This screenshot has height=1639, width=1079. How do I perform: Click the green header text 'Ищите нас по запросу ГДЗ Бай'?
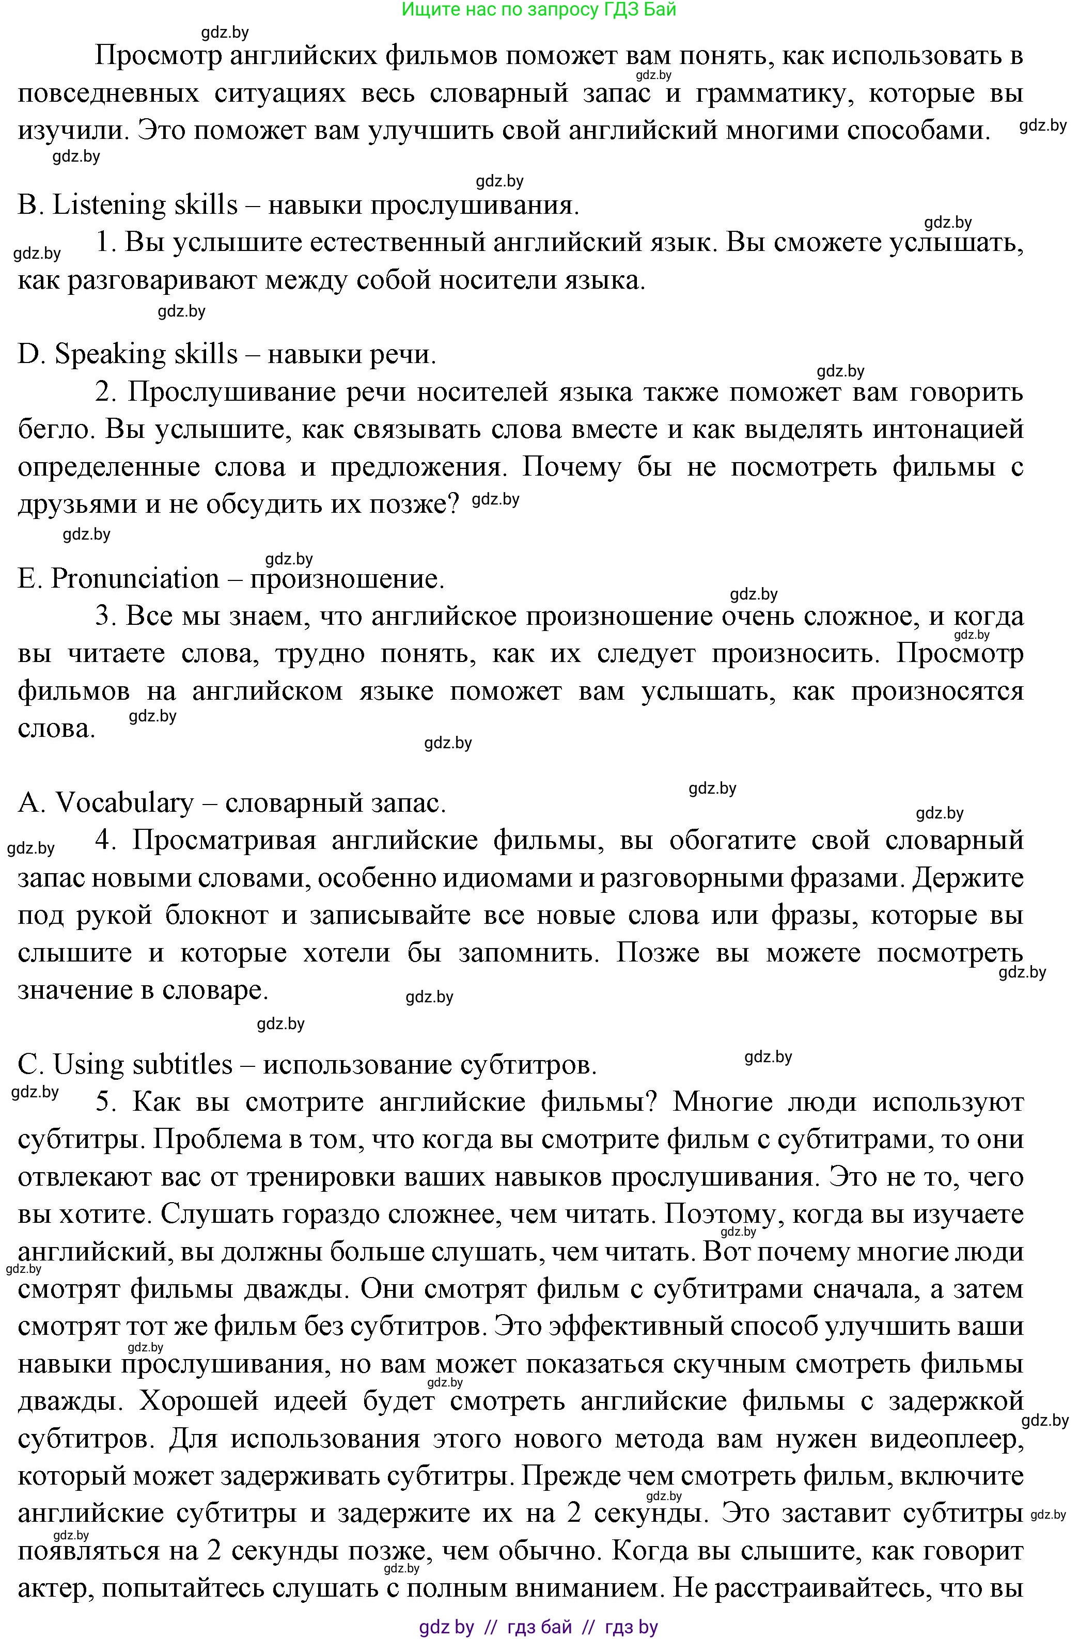point(538,10)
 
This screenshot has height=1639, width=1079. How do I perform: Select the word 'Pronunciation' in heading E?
point(134,578)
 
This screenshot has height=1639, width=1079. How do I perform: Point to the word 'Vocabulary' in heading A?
point(124,803)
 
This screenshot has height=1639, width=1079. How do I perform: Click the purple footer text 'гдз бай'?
point(539,1627)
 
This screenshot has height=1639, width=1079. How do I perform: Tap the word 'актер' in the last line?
point(56,1588)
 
